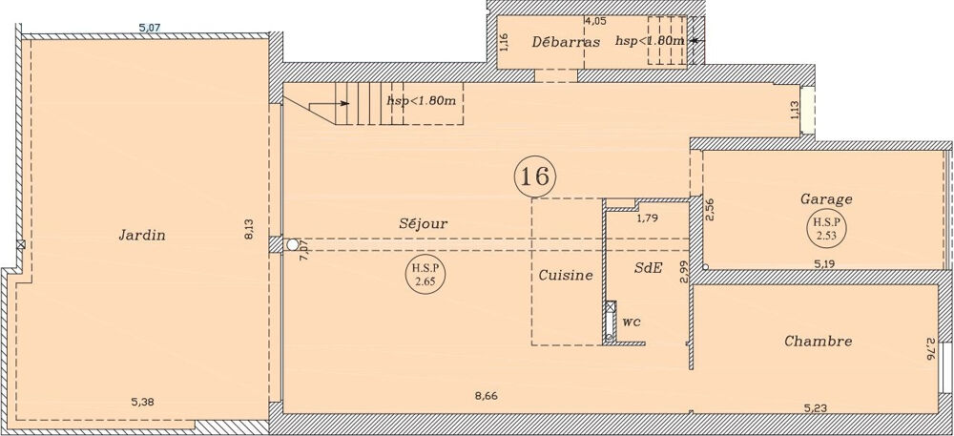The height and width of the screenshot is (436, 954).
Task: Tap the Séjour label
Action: tap(423, 222)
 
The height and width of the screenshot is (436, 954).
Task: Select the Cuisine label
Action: tap(566, 275)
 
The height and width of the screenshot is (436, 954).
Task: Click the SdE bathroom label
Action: tap(648, 268)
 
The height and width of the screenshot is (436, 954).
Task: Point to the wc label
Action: tap(631, 322)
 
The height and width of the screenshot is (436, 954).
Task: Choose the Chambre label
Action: tap(818, 341)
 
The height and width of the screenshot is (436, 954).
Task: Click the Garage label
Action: tap(826, 199)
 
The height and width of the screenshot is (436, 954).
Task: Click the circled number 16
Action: tap(534, 176)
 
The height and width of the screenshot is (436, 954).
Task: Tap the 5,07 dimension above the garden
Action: tap(150, 28)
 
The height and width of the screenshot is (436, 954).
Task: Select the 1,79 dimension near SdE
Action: tap(650, 218)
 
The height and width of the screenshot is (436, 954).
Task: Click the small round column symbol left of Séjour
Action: tap(293, 244)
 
